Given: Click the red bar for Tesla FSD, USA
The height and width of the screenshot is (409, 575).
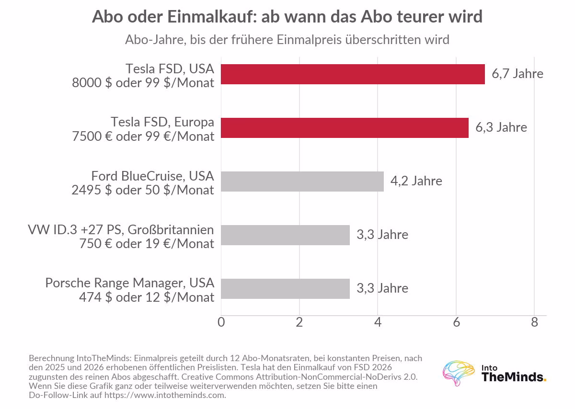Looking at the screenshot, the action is (353, 74).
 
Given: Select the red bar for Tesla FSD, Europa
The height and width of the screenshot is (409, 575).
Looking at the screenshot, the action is (345, 128).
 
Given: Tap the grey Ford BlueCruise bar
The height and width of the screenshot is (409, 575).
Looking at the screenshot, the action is (302, 182).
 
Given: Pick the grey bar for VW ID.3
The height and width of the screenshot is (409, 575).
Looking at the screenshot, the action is (285, 235).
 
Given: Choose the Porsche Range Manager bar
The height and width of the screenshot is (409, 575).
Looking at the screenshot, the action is (285, 289).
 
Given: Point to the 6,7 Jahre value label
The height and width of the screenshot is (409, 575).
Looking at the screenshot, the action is (517, 74).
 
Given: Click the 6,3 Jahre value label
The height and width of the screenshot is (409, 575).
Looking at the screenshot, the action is (501, 127).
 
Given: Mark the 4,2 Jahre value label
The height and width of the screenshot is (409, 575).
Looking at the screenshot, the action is (416, 181).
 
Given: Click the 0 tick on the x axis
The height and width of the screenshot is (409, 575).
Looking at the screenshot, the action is (221, 322).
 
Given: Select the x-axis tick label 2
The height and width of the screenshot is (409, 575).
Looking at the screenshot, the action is (299, 322).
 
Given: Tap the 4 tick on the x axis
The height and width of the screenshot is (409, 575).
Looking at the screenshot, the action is (378, 322).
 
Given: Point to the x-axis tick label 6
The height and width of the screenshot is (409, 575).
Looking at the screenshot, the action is (456, 322).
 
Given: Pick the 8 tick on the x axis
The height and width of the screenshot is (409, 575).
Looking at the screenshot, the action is (534, 322).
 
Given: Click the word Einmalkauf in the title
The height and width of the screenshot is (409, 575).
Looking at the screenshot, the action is (212, 17).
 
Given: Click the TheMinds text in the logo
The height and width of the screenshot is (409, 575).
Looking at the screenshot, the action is (514, 377).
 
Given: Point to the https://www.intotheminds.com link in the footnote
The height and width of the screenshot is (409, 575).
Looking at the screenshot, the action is (165, 395).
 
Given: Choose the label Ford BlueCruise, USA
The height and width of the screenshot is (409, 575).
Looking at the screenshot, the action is (152, 176).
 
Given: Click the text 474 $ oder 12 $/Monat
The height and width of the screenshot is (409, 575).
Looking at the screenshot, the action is (147, 297).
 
